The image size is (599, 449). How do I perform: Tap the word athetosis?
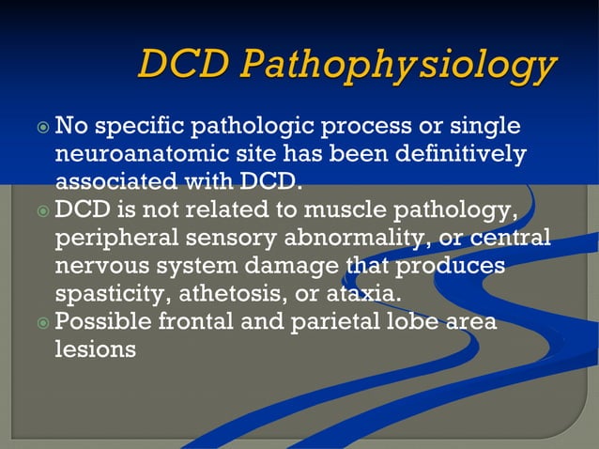(x=231, y=293)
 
